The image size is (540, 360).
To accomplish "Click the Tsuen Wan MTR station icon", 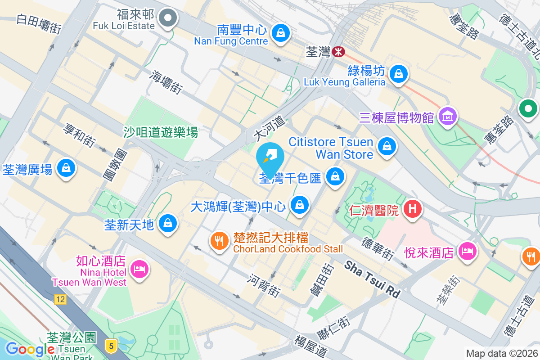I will tap(339, 52).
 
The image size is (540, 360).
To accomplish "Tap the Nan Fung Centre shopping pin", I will tap(281, 33).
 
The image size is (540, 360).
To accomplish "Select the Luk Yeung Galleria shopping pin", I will tap(398, 72).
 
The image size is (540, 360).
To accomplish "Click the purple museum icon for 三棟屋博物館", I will tap(447, 117).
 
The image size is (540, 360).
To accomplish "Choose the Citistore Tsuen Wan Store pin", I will tap(386, 146).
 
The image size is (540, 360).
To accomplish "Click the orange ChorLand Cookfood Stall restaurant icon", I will tap(219, 241).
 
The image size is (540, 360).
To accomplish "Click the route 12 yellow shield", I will tap(59, 299).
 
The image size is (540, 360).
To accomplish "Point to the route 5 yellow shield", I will tap(111, 346).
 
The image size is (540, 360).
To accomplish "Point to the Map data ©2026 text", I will tap(501, 354).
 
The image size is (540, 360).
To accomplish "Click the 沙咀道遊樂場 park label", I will tap(161, 132).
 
